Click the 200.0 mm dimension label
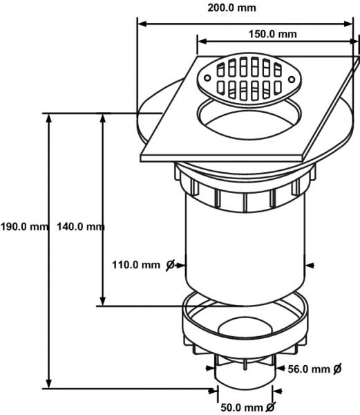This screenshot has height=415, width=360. (x=231, y=8)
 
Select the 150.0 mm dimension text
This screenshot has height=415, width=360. (x=272, y=34)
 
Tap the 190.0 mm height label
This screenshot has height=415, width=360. (x=24, y=227)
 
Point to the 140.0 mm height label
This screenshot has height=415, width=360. (x=81, y=227)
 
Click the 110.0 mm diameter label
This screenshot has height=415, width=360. (x=136, y=265)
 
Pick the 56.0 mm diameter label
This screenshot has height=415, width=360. (x=309, y=369)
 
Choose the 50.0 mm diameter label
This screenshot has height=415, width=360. (x=242, y=407)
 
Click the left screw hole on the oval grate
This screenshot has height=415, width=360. (x=208, y=78)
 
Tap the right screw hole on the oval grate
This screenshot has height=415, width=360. (x=292, y=79)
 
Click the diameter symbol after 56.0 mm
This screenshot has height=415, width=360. (x=337, y=369)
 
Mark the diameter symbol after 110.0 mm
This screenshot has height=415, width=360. (x=171, y=265)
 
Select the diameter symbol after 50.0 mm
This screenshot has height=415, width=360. (x=270, y=407)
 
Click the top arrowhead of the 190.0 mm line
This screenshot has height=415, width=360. (x=48, y=118)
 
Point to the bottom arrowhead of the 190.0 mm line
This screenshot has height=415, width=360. (x=48, y=383)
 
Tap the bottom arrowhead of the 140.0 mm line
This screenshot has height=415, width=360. (x=103, y=301)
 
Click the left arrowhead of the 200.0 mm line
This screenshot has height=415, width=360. (x=142, y=24)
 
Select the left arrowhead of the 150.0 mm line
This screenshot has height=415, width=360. (x=202, y=41)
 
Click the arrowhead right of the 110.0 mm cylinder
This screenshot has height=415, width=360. (x=310, y=265)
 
